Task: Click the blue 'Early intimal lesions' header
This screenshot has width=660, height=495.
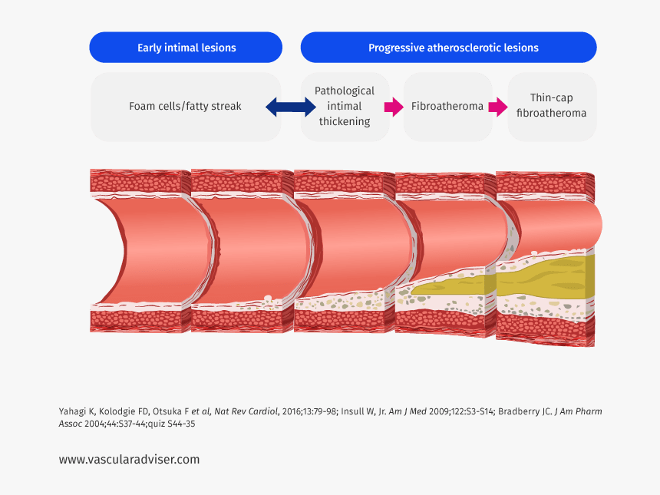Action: point(186,48)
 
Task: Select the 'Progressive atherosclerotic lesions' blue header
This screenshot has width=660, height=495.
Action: point(453,48)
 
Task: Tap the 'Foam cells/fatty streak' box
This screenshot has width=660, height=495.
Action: point(185,106)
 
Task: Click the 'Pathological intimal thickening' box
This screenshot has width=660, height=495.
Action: point(345,106)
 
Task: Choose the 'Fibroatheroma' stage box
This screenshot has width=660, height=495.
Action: point(447,106)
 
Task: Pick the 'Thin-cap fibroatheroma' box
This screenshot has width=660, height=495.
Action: point(551,106)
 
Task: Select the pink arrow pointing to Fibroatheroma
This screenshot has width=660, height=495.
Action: point(393,107)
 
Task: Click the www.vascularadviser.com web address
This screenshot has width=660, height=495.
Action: point(129,459)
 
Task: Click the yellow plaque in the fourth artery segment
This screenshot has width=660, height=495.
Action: point(449,287)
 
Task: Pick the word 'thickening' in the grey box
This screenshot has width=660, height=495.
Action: point(345,121)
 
